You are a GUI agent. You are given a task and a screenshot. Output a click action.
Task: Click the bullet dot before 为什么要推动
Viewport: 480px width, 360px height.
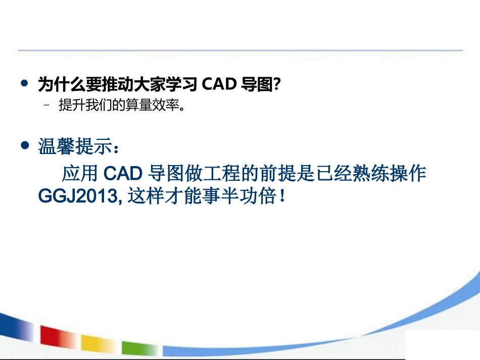[x=24, y=84]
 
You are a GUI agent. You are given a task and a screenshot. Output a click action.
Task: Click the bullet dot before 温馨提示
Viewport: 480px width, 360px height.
[x=24, y=145]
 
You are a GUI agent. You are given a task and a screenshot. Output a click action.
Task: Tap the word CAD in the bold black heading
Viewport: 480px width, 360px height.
[x=219, y=85]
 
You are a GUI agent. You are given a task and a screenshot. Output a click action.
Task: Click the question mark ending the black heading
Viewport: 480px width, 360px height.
[x=276, y=85]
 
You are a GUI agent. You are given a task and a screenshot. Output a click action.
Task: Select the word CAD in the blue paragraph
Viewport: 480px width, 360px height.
[x=122, y=174]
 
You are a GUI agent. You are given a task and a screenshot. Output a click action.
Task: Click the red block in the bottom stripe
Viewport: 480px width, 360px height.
[x=56, y=337]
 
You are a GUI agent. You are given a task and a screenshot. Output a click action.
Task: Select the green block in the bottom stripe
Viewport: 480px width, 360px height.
[x=138, y=348]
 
